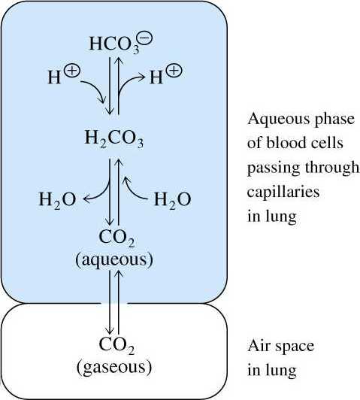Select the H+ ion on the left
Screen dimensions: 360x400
point(64,74)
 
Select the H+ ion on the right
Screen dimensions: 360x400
point(166,74)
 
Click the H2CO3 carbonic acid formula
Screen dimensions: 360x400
point(114,138)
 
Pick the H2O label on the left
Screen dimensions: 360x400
point(57,199)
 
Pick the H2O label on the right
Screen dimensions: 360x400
point(172,199)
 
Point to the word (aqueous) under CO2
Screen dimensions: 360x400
point(114,260)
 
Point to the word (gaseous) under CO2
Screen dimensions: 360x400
point(114,368)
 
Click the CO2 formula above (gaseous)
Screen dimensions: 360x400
point(116,345)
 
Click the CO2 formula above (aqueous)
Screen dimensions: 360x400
point(116,238)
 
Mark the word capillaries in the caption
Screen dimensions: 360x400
point(283,191)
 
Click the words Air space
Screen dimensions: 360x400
point(280,347)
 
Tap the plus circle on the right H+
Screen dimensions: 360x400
point(174,71)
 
